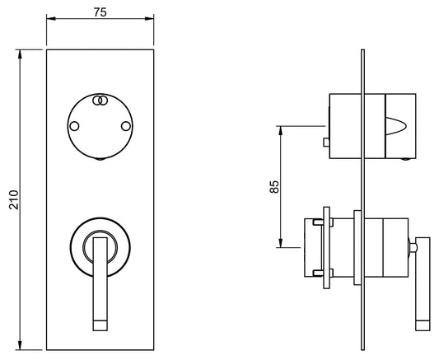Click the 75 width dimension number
click(100, 12)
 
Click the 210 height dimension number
click(14, 199)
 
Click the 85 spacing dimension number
click(274, 187)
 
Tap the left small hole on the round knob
click(74, 126)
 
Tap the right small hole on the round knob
click(126, 126)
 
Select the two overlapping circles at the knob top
click(100, 101)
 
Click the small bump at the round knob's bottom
click(100, 159)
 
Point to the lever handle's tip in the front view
click(100, 325)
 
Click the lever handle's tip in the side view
click(423, 325)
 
